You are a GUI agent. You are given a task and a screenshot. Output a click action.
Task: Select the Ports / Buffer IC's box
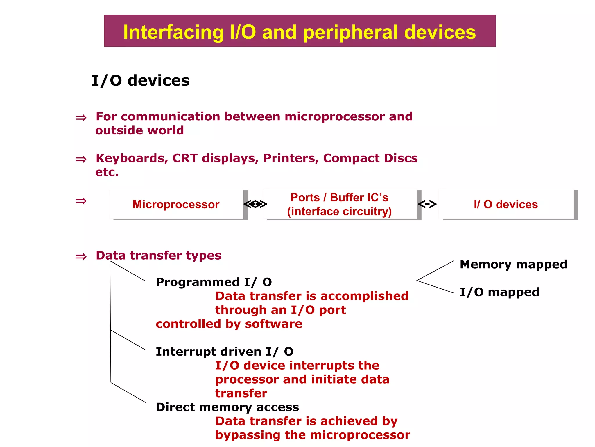tap(339, 204)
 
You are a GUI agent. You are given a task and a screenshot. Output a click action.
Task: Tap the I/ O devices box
tap(506, 204)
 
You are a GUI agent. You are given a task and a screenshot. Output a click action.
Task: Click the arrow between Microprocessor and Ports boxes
tap(255, 204)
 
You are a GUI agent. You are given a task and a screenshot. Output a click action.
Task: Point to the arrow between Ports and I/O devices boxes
tap(427, 204)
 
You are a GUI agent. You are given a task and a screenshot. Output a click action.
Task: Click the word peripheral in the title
tap(351, 32)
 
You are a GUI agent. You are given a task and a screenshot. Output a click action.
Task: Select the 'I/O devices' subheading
tap(140, 81)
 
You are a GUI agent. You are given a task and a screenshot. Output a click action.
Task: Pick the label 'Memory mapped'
tap(513, 264)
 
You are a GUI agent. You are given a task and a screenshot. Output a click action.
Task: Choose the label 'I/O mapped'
tap(499, 292)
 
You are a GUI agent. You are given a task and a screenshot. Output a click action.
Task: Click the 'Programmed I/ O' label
tap(214, 282)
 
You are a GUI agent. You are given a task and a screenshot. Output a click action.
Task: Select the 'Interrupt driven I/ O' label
tap(225, 352)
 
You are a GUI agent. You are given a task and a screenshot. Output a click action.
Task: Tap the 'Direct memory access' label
tap(227, 407)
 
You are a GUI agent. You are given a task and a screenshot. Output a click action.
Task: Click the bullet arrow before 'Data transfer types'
tap(81, 256)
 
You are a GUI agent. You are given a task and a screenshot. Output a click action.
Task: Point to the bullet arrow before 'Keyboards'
tap(81, 159)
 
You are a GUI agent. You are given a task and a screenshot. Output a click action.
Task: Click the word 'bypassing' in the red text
tap(248, 435)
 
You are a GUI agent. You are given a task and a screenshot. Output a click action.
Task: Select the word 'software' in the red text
tap(273, 324)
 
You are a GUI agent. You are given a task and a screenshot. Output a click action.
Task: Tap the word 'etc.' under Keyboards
tap(107, 172)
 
